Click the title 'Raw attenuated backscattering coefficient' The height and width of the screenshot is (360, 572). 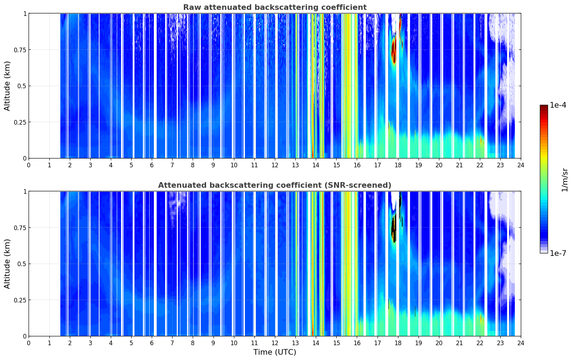tap(275, 7)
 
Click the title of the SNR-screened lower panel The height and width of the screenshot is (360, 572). tap(275, 185)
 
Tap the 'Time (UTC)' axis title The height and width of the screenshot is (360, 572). tap(275, 352)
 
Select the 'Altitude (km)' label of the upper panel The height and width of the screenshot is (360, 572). tap(7, 86)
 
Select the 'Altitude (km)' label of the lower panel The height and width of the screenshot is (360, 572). tap(7, 264)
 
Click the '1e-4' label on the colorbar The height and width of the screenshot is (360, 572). tap(558, 105)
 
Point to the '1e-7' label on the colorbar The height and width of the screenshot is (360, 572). tap(558, 253)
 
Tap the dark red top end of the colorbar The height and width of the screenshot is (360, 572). tap(544, 106)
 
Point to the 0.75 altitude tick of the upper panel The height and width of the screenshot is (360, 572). tap(20, 50)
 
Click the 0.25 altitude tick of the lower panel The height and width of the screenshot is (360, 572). tap(20, 300)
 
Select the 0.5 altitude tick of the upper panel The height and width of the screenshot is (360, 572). tap(22, 86)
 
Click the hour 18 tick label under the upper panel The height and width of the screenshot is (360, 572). tap(398, 165)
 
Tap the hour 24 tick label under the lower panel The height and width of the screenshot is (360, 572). tap(521, 343)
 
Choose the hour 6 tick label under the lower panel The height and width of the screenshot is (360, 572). tap(152, 343)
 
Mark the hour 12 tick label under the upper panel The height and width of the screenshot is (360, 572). tap(275, 165)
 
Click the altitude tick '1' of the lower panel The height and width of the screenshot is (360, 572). tap(25, 192)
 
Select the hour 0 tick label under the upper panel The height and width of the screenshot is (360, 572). tap(29, 165)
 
